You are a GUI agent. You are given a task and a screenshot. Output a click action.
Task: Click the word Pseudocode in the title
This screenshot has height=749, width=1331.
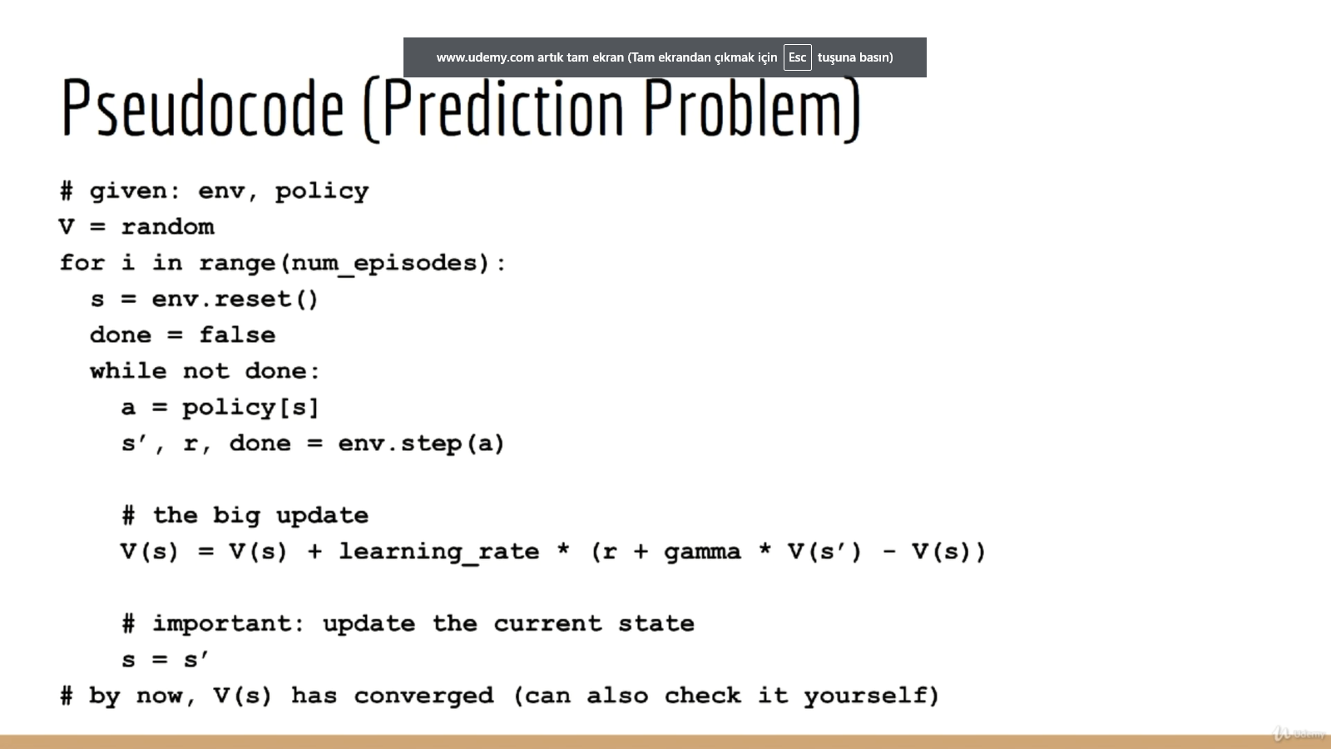[203, 107]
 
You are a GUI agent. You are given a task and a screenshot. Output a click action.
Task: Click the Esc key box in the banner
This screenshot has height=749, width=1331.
[798, 57]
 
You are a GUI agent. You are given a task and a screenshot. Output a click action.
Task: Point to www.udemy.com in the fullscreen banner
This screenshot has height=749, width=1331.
[485, 57]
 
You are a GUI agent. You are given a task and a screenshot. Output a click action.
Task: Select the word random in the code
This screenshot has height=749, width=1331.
[167, 227]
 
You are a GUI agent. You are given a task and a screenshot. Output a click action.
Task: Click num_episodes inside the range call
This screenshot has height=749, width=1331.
[384, 264]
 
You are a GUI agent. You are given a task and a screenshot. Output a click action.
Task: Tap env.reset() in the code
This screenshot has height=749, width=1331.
[235, 299]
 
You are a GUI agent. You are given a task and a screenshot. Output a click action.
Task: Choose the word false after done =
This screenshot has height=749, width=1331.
[237, 335]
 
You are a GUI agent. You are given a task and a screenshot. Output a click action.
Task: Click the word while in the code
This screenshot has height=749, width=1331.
[128, 371]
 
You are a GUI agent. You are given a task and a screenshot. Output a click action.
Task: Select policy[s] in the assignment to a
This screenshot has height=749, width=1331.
[250, 408]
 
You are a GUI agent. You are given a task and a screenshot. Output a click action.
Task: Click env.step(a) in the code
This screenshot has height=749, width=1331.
[421, 444]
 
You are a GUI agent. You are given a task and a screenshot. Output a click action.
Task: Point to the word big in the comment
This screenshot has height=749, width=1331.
[236, 516]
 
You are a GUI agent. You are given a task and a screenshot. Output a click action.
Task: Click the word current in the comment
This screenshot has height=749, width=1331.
[547, 624]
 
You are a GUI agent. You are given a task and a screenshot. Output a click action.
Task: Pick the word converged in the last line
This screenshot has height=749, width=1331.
[423, 696]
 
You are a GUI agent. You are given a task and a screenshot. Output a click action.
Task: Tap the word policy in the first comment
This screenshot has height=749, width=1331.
[321, 191]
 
